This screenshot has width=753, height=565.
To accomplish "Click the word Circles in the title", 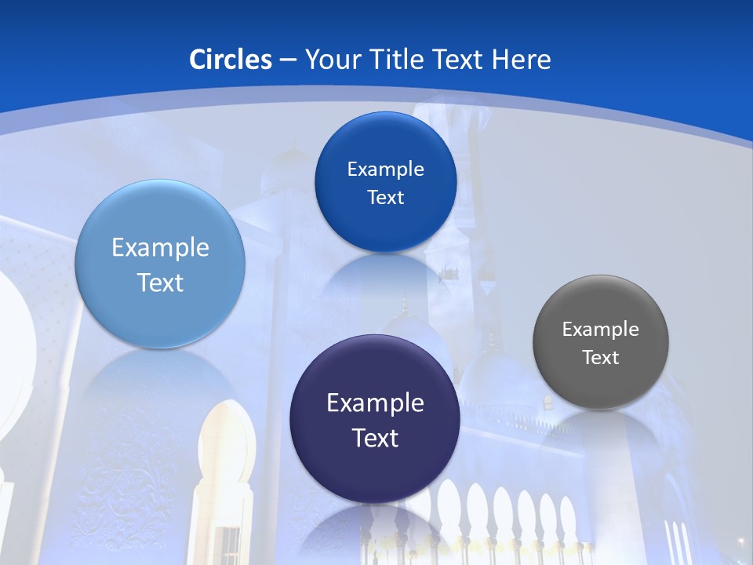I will click(x=231, y=60).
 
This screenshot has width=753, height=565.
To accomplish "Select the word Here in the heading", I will click(x=522, y=60).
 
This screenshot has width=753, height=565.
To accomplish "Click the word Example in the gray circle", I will click(x=600, y=330).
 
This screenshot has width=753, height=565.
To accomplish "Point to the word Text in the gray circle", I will click(x=601, y=358).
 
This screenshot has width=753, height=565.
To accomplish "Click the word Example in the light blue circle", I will click(x=160, y=248).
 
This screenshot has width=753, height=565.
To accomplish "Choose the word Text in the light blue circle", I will click(x=160, y=282).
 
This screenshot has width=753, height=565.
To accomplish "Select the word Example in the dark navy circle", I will click(x=375, y=403).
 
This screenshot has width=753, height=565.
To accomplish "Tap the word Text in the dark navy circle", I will click(x=375, y=438).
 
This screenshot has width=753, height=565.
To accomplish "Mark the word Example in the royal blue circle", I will click(x=385, y=169).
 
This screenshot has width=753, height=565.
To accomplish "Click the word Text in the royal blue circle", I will click(x=385, y=198).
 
